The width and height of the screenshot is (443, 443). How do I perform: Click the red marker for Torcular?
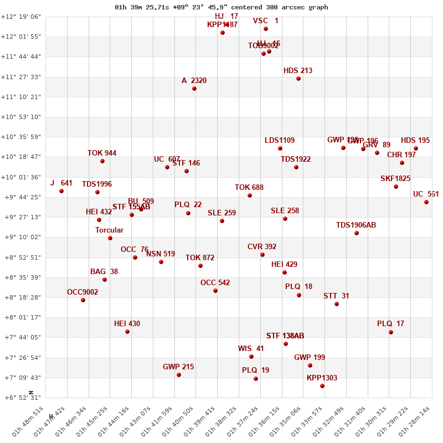tap(110, 238)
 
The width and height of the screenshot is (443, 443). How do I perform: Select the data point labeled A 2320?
tap(194, 89)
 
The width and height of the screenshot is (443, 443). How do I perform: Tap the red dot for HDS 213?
tap(298, 79)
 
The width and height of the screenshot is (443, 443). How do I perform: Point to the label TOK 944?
tap(102, 153)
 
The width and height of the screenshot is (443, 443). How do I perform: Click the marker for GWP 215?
tap(179, 375)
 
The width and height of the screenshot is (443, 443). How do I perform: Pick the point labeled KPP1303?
tap(322, 386)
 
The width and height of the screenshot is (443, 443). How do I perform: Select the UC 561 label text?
tap(426, 194)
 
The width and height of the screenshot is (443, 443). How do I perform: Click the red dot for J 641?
tap(61, 191)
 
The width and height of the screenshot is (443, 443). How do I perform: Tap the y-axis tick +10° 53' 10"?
tap(21, 117)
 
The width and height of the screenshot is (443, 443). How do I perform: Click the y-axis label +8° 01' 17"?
tap(21, 317)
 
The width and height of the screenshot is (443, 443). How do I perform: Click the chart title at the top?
tap(221, 7)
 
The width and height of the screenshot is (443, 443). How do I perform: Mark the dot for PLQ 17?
tap(391, 332)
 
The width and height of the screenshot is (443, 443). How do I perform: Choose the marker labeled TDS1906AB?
tap(357, 233)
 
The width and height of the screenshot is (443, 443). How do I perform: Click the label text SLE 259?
tap(222, 213)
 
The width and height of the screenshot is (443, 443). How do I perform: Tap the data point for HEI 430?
tap(127, 332)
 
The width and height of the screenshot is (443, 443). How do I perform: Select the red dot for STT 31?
tap(337, 304)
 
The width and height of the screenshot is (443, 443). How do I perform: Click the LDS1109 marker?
tap(280, 148)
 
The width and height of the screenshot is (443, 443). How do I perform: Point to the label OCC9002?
tap(83, 292)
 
